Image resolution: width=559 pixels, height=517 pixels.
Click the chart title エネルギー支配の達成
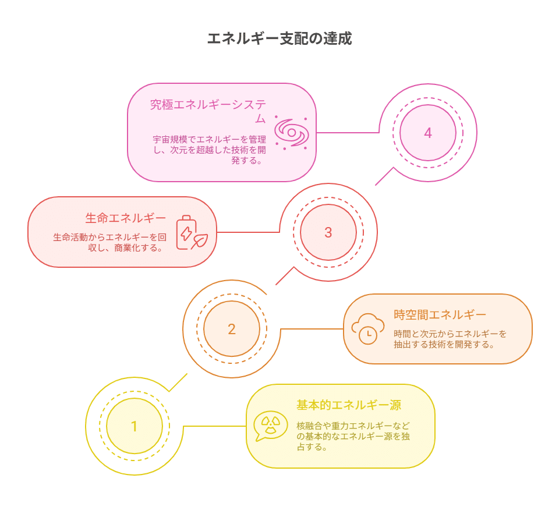(x=279, y=39)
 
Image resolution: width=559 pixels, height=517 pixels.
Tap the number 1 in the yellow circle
(x=135, y=426)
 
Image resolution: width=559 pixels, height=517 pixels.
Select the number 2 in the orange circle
(x=232, y=329)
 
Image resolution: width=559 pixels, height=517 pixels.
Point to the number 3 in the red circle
(x=328, y=232)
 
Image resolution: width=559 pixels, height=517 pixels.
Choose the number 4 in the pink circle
(x=428, y=133)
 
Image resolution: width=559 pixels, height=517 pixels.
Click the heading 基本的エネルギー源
(x=348, y=405)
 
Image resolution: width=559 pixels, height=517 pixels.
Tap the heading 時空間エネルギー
(x=440, y=315)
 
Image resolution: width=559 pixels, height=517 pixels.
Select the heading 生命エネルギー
(x=125, y=218)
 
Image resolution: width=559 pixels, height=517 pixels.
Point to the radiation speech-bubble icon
(x=271, y=426)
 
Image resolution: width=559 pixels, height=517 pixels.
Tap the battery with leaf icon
(x=192, y=232)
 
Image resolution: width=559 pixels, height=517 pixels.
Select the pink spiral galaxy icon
(x=291, y=133)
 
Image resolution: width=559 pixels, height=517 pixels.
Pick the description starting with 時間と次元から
(x=450, y=339)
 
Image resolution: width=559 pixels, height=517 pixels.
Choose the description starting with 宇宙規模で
(x=208, y=150)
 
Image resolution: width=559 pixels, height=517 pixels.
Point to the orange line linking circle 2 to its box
(x=312, y=329)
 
